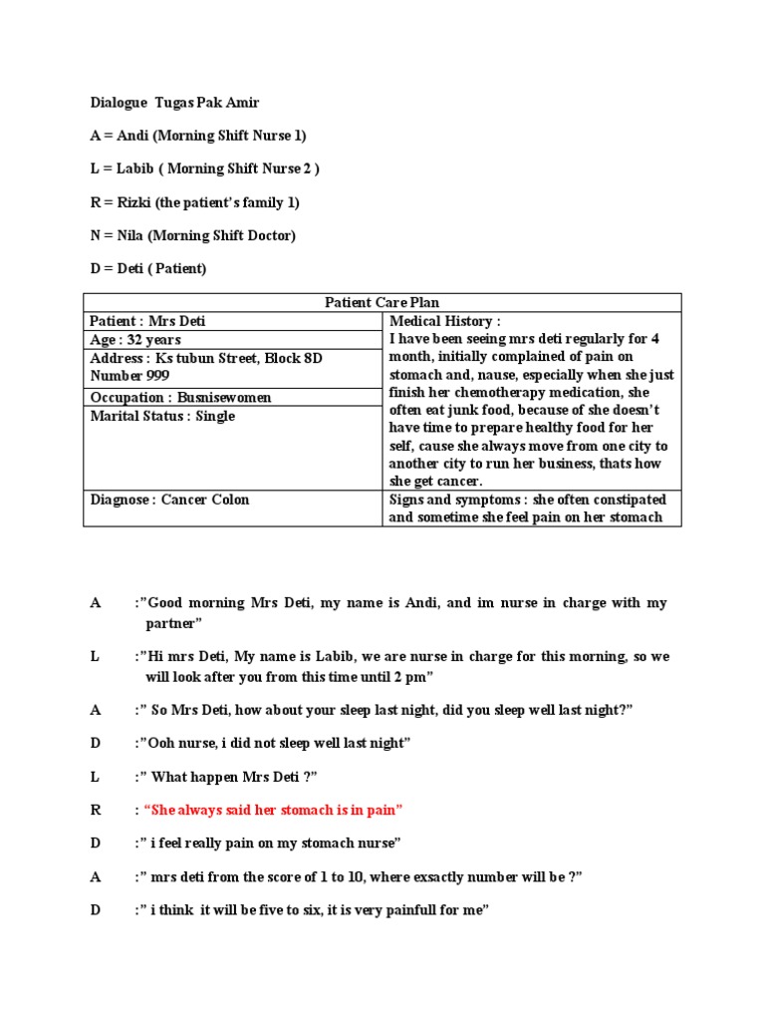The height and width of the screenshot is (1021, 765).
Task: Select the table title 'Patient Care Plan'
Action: coord(382,302)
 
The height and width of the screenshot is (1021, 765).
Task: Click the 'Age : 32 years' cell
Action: coord(135,340)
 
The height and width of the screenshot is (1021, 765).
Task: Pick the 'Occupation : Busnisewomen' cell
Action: coord(180,397)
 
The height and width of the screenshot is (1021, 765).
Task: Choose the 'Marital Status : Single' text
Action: coord(162,416)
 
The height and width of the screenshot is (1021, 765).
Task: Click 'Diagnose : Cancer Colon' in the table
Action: coord(169,500)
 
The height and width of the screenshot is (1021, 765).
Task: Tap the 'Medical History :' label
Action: coord(444,321)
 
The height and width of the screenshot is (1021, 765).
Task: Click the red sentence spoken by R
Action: coord(274,810)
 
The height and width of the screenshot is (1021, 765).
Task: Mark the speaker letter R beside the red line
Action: coord(96,810)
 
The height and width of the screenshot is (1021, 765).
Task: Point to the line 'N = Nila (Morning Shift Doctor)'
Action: coord(192,235)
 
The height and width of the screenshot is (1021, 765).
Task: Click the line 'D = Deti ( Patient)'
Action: coord(148,269)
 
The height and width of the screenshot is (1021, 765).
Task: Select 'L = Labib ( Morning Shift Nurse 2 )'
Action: coord(204,169)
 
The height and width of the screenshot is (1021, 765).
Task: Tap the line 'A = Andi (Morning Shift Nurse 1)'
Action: coord(197,136)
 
